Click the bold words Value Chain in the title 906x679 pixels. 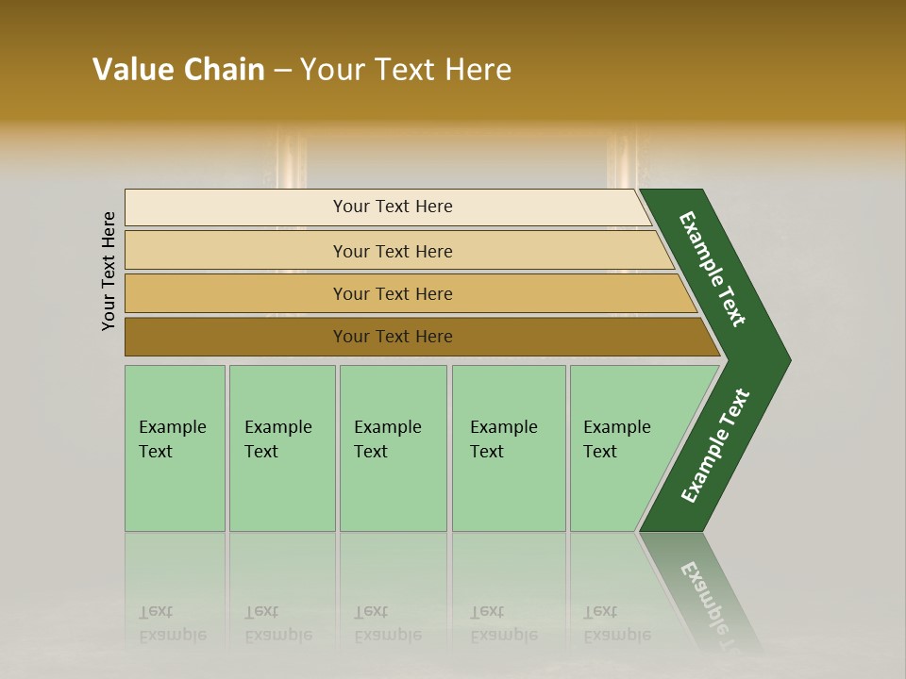[x=178, y=70]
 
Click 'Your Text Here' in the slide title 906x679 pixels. [x=406, y=70]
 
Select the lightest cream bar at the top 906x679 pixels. [x=236, y=207]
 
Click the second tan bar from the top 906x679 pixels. [x=236, y=251]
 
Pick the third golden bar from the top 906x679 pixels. [x=236, y=293]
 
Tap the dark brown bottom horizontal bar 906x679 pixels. [x=236, y=337]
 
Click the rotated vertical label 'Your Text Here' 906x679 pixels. [x=109, y=271]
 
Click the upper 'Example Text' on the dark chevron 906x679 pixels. [x=713, y=269]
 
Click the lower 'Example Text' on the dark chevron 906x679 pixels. [x=715, y=446]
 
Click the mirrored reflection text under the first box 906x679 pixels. [x=173, y=623]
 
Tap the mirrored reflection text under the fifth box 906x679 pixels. [x=617, y=623]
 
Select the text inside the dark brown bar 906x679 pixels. [x=393, y=337]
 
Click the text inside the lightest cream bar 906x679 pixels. [x=393, y=207]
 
